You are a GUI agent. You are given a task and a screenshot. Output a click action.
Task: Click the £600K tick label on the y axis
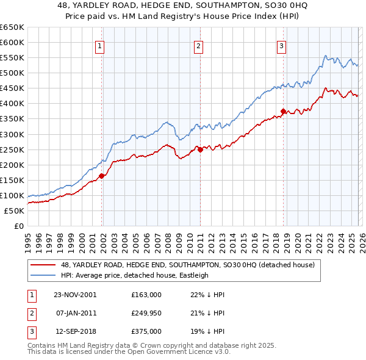pyautogui.click(x=12, y=42)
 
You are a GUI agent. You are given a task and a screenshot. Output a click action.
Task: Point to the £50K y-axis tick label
pyautogui.click(x=14, y=211)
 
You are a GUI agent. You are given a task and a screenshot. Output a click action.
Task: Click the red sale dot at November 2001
pyautogui.click(x=102, y=176)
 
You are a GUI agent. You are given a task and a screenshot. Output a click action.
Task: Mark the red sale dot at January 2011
pyautogui.click(x=200, y=149)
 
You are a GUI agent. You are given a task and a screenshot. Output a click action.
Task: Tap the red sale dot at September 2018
pyautogui.click(x=283, y=111)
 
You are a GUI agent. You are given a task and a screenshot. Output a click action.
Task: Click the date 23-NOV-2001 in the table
pyautogui.click(x=74, y=295)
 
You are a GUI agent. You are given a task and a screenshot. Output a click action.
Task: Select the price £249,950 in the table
pyautogui.click(x=146, y=314)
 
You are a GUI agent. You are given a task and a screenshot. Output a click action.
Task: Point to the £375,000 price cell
pyautogui.click(x=146, y=333)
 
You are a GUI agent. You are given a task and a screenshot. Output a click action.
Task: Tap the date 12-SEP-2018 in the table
pyautogui.click(x=74, y=333)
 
